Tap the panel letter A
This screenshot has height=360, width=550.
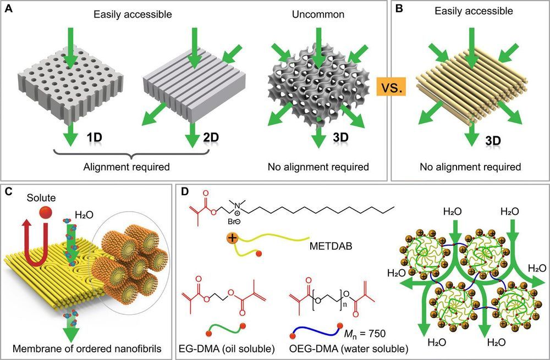pyautogui.click(x=10, y=9)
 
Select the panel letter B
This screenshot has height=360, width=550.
pyautogui.click(x=400, y=9)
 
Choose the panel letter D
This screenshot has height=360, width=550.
pyautogui.click(x=185, y=192)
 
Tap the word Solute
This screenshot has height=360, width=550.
pyautogui.click(x=42, y=196)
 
